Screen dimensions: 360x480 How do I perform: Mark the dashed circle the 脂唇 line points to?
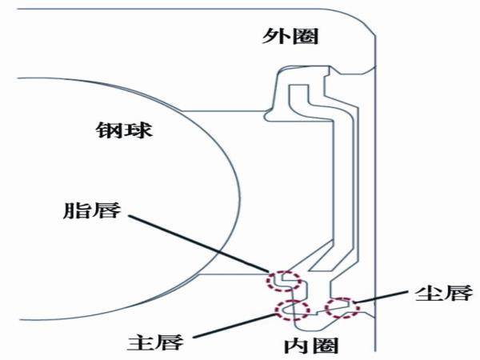click(x=283, y=281)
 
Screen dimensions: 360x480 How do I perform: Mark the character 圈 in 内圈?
click(x=324, y=346)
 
